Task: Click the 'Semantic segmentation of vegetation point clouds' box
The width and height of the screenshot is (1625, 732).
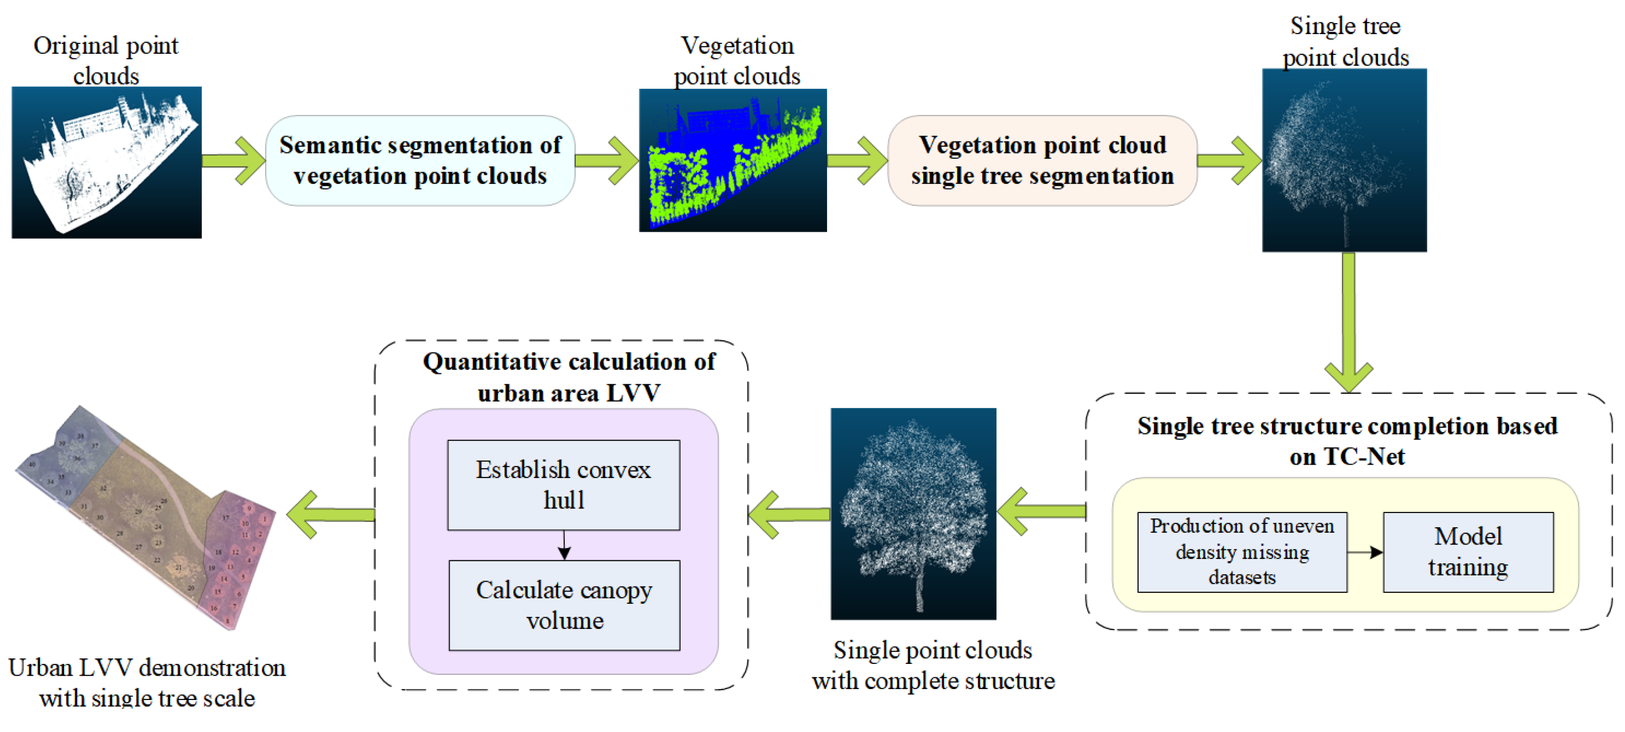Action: coord(420,160)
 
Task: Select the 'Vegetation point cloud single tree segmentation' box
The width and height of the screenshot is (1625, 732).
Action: coord(1042,160)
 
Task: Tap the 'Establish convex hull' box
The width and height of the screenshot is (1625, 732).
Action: coord(563,485)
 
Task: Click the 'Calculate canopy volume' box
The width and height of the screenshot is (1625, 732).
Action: coord(564,605)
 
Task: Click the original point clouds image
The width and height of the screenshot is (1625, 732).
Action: coord(106,162)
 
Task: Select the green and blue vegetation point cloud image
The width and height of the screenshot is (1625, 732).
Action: coord(732,160)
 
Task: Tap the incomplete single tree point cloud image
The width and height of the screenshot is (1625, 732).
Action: coord(1344,160)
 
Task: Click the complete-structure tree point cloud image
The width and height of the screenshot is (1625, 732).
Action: coord(913,513)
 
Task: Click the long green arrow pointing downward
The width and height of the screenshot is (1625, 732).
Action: coord(1348,322)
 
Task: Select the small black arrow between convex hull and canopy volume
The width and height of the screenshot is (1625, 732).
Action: coord(564,545)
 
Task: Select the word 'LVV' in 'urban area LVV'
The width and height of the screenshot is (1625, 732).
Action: coord(633,393)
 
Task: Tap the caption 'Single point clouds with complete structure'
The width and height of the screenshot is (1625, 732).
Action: coord(933,664)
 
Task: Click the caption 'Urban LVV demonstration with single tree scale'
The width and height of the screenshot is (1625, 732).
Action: coord(147,682)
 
